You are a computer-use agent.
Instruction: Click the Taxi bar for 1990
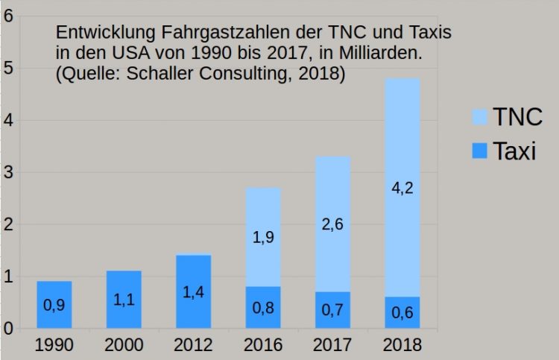click(x=54, y=304)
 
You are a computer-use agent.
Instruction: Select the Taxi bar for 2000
click(x=124, y=299)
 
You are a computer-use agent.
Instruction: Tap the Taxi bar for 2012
click(x=194, y=291)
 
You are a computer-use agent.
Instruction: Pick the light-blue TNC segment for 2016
click(x=263, y=237)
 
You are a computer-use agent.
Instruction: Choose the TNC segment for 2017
click(x=332, y=224)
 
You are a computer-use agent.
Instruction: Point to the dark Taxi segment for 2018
click(x=402, y=312)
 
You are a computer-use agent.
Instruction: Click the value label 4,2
click(x=402, y=187)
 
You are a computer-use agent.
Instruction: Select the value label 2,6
click(x=332, y=224)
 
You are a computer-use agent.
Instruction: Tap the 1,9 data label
click(x=263, y=238)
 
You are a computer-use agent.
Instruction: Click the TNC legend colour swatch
click(x=479, y=117)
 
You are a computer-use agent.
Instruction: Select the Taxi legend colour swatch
click(x=479, y=151)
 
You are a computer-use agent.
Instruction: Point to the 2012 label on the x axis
click(x=194, y=345)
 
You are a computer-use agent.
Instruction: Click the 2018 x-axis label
click(x=402, y=345)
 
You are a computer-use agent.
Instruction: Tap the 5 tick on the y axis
click(x=7, y=69)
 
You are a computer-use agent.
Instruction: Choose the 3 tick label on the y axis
click(x=7, y=172)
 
